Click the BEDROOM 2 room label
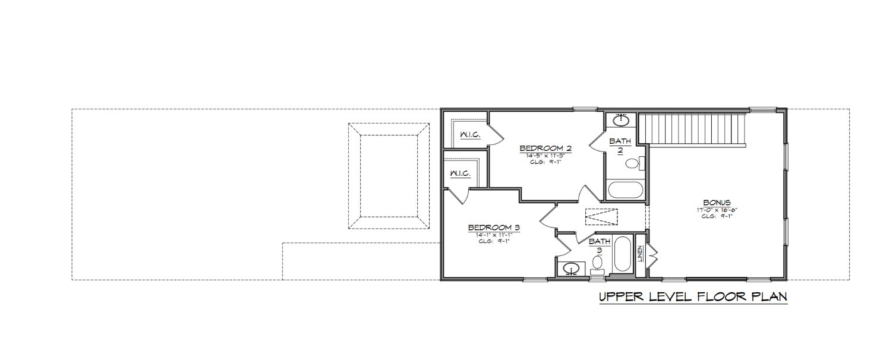point(545,148)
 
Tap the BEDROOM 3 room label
point(494,228)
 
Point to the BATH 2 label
point(619,146)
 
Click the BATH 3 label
point(599,246)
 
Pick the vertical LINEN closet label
point(640,254)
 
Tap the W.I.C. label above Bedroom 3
point(460,174)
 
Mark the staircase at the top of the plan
point(692,128)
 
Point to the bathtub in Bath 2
point(624,190)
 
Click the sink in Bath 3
point(571,269)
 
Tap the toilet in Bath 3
point(598,263)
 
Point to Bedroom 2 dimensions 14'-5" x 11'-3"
point(545,156)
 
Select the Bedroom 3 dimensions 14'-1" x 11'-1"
point(494,235)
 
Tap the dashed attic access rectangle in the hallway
point(601,216)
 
